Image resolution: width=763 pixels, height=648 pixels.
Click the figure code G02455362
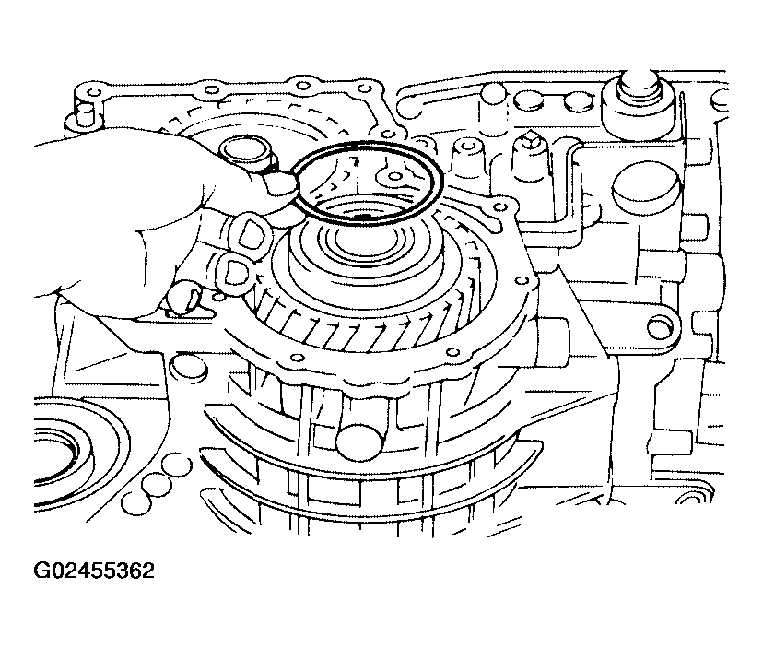pyautogui.click(x=94, y=571)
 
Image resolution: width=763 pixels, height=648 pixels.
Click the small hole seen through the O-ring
pyautogui.click(x=394, y=176)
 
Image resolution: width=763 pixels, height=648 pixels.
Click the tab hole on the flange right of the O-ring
pyautogui.click(x=499, y=209)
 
